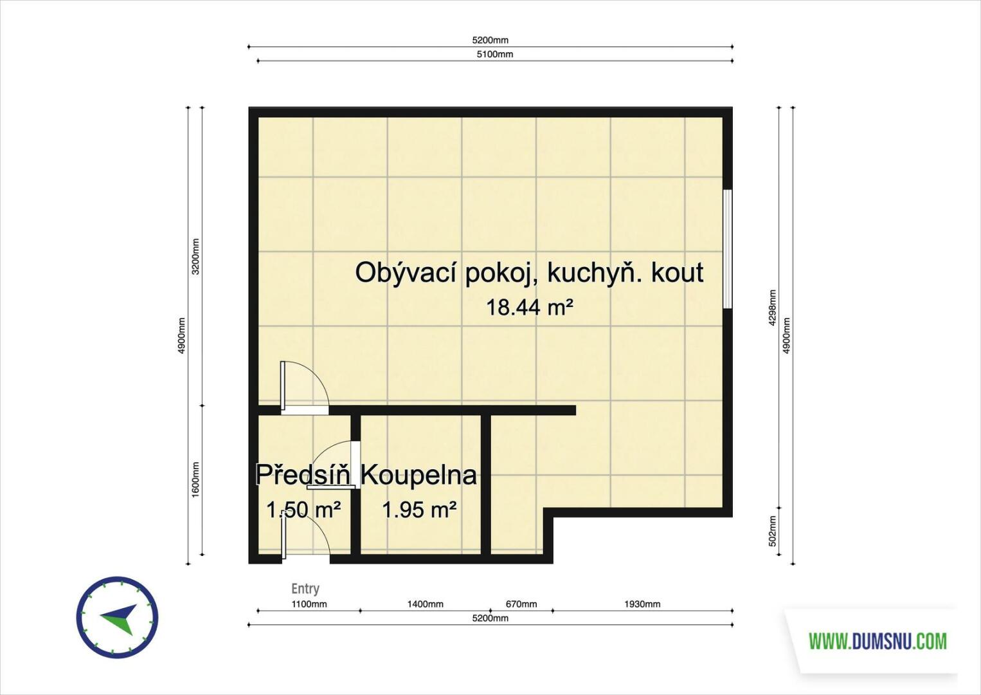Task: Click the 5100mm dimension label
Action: (494, 54)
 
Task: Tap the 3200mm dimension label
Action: (196, 257)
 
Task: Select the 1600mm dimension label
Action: (196, 479)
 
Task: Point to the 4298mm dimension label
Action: (773, 308)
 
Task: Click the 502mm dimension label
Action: (773, 530)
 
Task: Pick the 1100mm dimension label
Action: (309, 604)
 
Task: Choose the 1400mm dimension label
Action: (425, 604)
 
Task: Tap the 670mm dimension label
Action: (521, 604)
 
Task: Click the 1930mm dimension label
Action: (642, 604)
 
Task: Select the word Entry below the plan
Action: (305, 588)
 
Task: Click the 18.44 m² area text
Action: (530, 308)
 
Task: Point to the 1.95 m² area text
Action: (420, 510)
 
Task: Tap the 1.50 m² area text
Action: (303, 510)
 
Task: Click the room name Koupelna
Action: (419, 476)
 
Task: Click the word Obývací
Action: (406, 273)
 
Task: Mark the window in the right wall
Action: (728, 248)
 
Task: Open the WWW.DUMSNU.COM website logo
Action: (878, 642)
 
